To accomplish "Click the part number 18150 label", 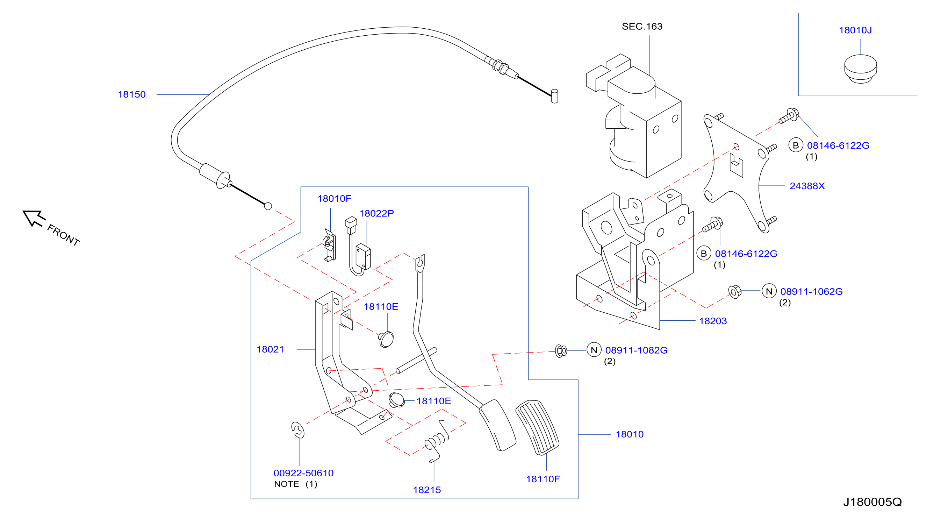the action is tap(131, 94).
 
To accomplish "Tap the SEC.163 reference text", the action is tap(642, 26).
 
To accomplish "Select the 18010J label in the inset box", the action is tap(855, 30).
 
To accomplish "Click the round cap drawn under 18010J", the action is tap(860, 69).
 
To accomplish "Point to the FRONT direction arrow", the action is tap(34, 218).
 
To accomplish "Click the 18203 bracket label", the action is tap(713, 321).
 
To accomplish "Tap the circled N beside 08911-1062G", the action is tap(769, 291).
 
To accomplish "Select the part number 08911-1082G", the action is tap(636, 350).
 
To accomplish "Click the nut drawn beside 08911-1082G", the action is tap(561, 351).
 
